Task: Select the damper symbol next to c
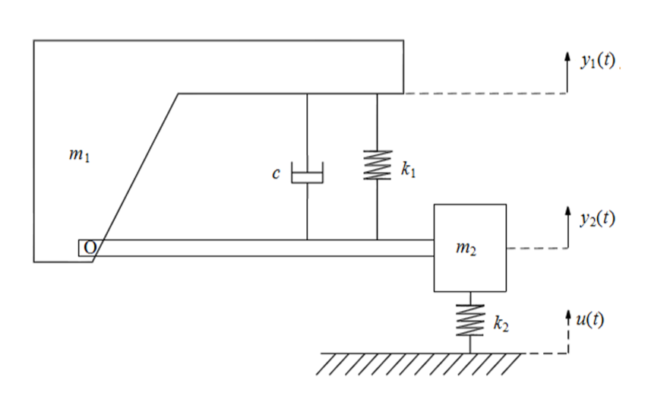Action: click(x=308, y=174)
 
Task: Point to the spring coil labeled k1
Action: click(x=378, y=165)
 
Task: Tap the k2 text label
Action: click(x=501, y=325)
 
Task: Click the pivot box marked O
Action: click(x=86, y=248)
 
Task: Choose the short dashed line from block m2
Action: click(x=536, y=249)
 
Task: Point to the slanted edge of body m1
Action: click(x=137, y=175)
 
